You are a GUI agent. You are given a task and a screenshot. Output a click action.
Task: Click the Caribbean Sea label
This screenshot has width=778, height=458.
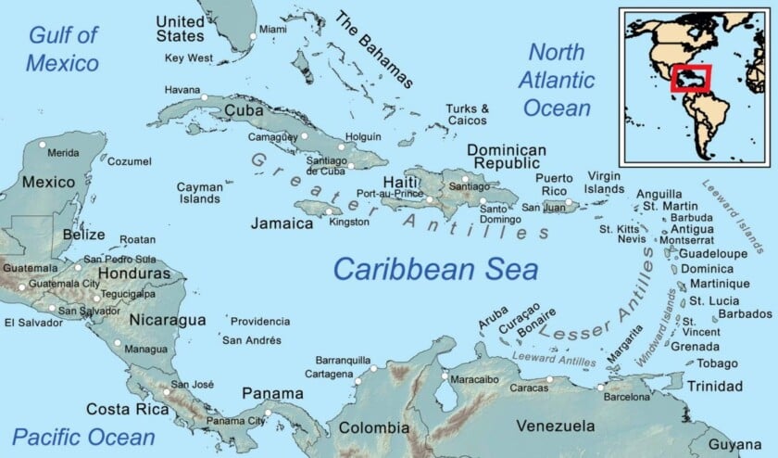(x=435, y=269)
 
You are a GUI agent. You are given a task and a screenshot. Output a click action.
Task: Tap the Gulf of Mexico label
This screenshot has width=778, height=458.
(x=63, y=49)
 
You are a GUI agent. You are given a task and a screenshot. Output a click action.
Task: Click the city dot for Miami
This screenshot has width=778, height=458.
(x=253, y=37)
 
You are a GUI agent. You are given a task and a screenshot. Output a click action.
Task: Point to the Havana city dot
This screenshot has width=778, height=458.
(x=205, y=96)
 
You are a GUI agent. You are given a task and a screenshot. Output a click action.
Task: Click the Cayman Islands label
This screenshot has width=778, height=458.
(x=199, y=193)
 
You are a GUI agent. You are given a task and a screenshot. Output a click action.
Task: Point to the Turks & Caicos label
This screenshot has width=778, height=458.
(x=467, y=115)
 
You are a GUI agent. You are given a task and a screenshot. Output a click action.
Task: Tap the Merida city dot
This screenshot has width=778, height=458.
(x=42, y=145)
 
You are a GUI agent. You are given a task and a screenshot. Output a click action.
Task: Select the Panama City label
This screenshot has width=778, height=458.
(x=235, y=421)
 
